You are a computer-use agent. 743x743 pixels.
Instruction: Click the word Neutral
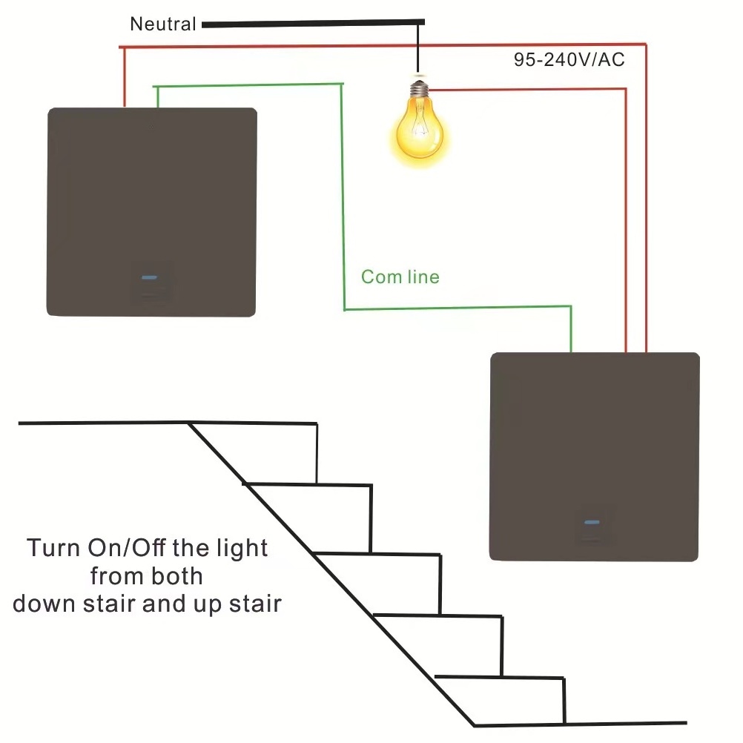point(162,24)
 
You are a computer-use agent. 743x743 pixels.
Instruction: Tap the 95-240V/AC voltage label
point(569,60)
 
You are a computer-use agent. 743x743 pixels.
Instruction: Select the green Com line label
point(400,277)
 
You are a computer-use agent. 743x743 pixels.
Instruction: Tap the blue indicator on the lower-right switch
point(592,522)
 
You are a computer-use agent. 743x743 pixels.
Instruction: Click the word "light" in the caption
point(238,549)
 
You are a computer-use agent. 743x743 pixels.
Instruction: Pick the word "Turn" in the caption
point(51,549)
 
